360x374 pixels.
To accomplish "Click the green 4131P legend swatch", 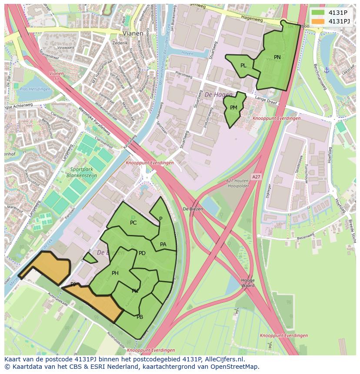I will (x=318, y=13).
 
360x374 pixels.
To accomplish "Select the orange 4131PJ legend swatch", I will (x=318, y=21).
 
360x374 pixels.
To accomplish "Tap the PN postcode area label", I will (x=277, y=57).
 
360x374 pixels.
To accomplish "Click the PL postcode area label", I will (x=243, y=66).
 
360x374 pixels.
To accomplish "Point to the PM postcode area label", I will (x=233, y=108).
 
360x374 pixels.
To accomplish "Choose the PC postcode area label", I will (x=133, y=223).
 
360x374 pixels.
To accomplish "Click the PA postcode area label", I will (x=163, y=245).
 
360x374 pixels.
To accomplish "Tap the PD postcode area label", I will (x=142, y=253).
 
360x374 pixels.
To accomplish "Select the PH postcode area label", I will (x=115, y=273).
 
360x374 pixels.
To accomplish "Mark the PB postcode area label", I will (x=140, y=317).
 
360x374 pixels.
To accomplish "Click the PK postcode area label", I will (x=135, y=291).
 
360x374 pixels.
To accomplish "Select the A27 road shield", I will (x=256, y=177).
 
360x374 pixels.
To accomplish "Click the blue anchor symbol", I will (x=327, y=70).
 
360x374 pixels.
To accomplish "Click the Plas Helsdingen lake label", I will (x=34, y=89).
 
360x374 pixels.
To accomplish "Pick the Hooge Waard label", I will (x=248, y=283).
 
